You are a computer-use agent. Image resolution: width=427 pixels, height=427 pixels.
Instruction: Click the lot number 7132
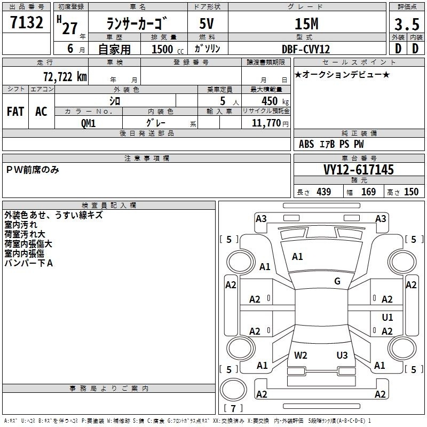point(27,22)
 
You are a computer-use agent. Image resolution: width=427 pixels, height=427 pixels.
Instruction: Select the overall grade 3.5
point(407,24)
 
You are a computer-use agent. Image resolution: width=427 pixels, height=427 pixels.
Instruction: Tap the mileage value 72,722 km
point(65,77)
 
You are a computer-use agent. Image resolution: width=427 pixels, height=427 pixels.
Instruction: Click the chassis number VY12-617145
point(359,170)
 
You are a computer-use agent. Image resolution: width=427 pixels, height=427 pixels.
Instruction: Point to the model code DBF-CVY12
point(306,49)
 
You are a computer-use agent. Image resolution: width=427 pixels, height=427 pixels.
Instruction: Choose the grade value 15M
point(306,24)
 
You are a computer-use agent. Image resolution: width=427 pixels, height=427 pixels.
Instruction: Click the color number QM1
point(88,123)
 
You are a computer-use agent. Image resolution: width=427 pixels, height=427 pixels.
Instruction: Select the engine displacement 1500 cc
point(168,49)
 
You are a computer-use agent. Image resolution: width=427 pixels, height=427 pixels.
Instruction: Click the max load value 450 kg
point(275,101)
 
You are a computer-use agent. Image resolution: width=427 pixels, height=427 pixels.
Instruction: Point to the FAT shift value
point(15,112)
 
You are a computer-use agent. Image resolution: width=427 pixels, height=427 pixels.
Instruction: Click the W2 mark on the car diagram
point(301,355)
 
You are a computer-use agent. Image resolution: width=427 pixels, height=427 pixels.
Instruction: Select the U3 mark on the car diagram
point(342,355)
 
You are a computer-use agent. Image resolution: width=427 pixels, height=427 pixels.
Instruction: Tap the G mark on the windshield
point(337,281)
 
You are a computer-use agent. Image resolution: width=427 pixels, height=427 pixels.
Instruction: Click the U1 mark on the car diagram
point(388,317)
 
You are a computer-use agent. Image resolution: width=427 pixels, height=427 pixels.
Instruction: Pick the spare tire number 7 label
point(233,408)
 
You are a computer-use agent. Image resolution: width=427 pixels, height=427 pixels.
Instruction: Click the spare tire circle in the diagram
point(233,390)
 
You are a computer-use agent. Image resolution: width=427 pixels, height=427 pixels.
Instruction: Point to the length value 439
point(324,192)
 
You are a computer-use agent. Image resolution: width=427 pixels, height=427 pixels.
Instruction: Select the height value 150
point(411,192)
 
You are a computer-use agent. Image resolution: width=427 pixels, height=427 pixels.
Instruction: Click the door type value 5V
point(207,23)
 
